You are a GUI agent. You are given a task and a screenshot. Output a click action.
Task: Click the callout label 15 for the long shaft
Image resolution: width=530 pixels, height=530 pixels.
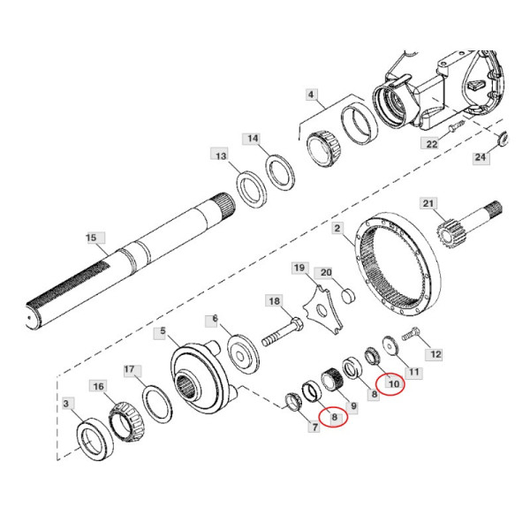point(91,238)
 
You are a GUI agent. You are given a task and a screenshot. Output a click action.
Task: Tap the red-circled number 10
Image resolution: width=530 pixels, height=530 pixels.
point(394,384)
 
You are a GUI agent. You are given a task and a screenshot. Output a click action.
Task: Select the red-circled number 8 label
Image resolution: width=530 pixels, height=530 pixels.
point(334,418)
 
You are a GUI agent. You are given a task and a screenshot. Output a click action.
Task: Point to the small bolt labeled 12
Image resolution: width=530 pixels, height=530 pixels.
point(411,334)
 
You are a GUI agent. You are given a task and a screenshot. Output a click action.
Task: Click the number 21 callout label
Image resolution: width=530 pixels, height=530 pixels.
point(428,203)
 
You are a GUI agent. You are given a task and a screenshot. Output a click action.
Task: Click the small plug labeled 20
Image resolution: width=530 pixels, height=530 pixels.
point(348,297)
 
